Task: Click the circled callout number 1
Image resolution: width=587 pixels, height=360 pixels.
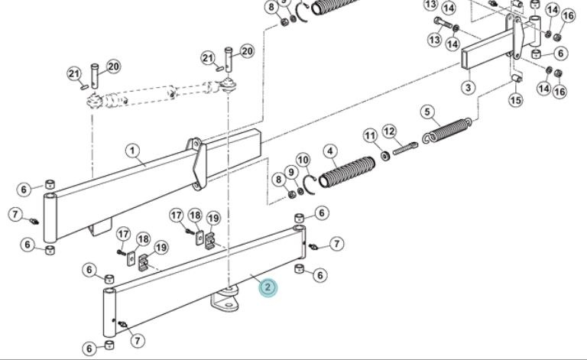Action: pyautogui.click(x=132, y=151)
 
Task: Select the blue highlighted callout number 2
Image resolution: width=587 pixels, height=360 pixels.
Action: pyautogui.click(x=268, y=287)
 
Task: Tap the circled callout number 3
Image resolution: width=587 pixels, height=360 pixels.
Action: pyautogui.click(x=468, y=88)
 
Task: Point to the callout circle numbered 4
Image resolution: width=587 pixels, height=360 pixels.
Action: pyautogui.click(x=330, y=151)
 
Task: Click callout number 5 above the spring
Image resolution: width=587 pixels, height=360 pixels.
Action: pyautogui.click(x=427, y=112)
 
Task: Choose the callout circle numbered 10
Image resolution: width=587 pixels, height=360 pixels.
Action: pyautogui.click(x=303, y=161)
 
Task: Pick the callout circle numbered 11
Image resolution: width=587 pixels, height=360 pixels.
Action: pyautogui.click(x=371, y=135)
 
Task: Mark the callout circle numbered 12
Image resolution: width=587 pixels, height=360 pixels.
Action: pyautogui.click(x=390, y=131)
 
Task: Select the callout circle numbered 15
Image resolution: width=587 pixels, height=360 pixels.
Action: pyautogui.click(x=515, y=100)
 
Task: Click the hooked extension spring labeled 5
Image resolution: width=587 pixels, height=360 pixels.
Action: pyautogui.click(x=446, y=130)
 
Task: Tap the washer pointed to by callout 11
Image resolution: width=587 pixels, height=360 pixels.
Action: pyautogui.click(x=385, y=155)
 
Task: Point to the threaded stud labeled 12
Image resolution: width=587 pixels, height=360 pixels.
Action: pyautogui.click(x=405, y=148)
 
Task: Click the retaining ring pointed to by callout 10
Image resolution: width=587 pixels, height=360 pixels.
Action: pyautogui.click(x=310, y=184)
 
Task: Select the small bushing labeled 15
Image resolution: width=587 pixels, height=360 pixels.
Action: pyautogui.click(x=517, y=78)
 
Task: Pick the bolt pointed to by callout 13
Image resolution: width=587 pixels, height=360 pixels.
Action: pyautogui.click(x=444, y=23)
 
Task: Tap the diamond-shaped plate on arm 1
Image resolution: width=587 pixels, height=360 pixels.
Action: pyautogui.click(x=199, y=164)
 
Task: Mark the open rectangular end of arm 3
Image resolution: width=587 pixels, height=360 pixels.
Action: pyautogui.click(x=465, y=60)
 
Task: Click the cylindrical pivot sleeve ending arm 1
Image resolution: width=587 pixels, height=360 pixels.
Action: pyautogui.click(x=50, y=218)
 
